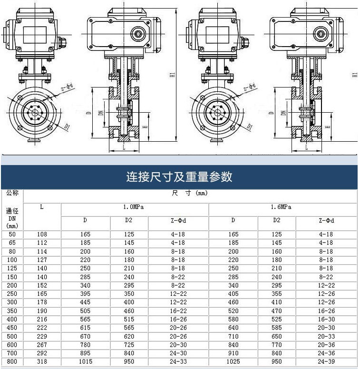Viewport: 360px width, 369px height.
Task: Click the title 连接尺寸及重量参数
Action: pyautogui.click(x=179, y=177)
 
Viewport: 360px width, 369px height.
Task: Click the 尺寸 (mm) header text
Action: pyautogui.click(x=190, y=193)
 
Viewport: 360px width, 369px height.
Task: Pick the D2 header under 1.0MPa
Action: pyautogui.click(x=129, y=220)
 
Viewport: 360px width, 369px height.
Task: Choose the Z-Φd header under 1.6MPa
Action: pyautogui.click(x=326, y=220)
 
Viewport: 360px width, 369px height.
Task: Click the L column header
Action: pyautogui.click(x=42, y=207)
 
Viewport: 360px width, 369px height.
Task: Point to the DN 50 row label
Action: pyautogui.click(x=12, y=234)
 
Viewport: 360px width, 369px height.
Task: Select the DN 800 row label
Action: pyautogui.click(x=12, y=362)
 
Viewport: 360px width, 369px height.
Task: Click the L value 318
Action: pyautogui.click(x=42, y=362)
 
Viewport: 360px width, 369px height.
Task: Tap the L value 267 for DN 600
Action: pyautogui.click(x=42, y=345)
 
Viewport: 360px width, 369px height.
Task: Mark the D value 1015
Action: pyautogui.click(x=86, y=362)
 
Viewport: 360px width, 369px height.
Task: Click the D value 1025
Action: pyautogui.click(x=233, y=362)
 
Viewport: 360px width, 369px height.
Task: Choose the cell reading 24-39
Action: pyautogui.click(x=326, y=362)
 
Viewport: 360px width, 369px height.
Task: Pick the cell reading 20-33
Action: pyautogui.click(x=326, y=337)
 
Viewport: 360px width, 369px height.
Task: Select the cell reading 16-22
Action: pyautogui.click(x=178, y=311)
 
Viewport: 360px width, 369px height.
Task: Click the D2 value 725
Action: pyautogui.click(x=129, y=345)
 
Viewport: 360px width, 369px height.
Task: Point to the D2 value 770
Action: pyautogui.click(x=277, y=345)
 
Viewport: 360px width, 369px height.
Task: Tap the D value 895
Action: pyautogui.click(x=86, y=353)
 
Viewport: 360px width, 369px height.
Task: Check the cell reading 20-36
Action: pyautogui.click(x=326, y=345)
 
